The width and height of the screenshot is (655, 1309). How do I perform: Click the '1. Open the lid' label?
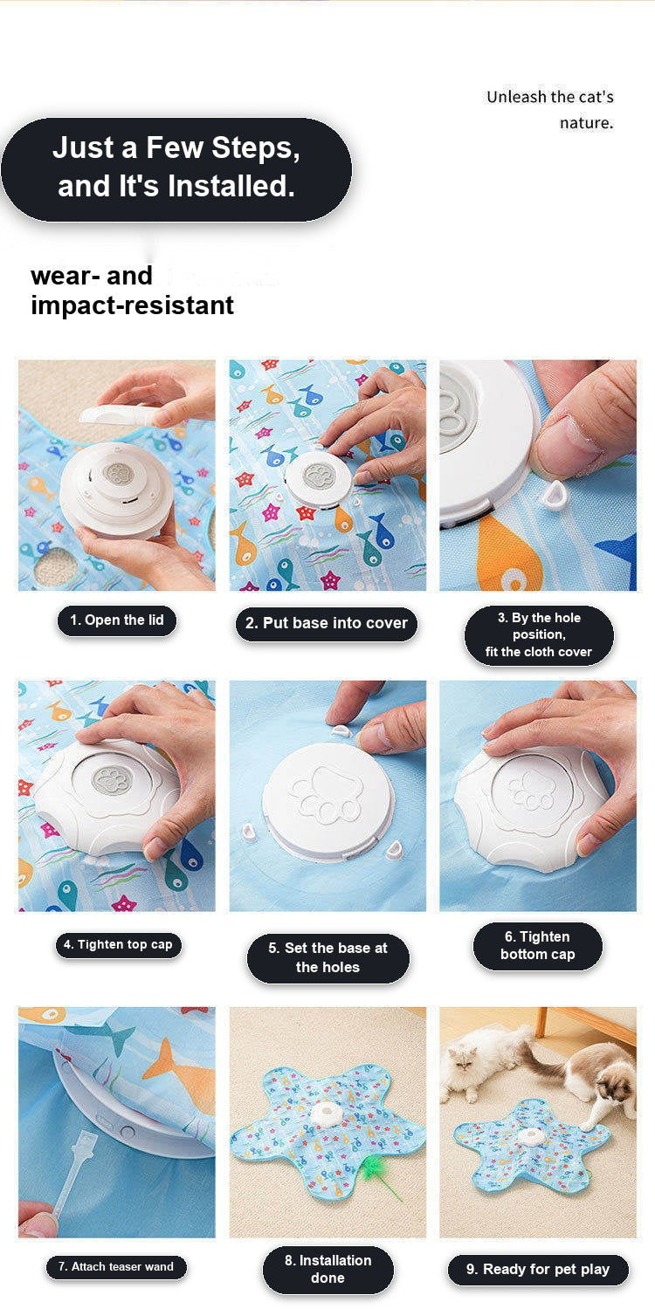(x=116, y=620)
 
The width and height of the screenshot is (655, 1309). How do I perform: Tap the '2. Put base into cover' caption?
(x=327, y=624)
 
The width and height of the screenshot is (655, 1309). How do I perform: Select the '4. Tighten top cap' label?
(x=118, y=944)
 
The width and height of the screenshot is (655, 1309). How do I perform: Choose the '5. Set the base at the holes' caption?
(x=327, y=957)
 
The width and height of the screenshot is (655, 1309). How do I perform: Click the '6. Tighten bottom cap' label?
(x=537, y=945)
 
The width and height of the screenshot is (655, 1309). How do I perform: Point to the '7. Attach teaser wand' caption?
(x=116, y=1266)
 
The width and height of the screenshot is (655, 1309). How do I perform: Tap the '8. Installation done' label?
(x=327, y=1269)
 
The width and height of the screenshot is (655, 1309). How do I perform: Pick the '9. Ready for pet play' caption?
(x=538, y=1269)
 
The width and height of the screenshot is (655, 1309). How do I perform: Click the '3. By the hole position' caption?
(x=539, y=634)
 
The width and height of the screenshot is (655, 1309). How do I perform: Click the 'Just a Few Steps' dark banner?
(x=176, y=168)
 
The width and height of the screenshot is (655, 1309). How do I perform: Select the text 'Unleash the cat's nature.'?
(x=549, y=109)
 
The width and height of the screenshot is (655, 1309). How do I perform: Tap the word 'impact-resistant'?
(x=132, y=305)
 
